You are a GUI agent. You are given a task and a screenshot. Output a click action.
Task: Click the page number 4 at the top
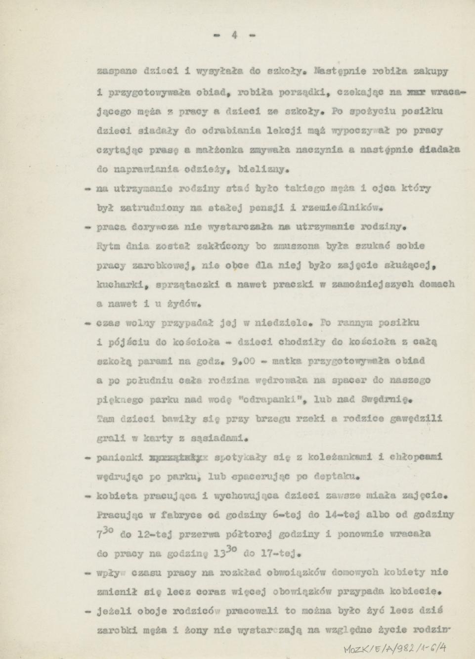pyautogui.click(x=235, y=35)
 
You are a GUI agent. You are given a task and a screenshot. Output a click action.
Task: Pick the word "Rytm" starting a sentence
pyautogui.click(x=107, y=246)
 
